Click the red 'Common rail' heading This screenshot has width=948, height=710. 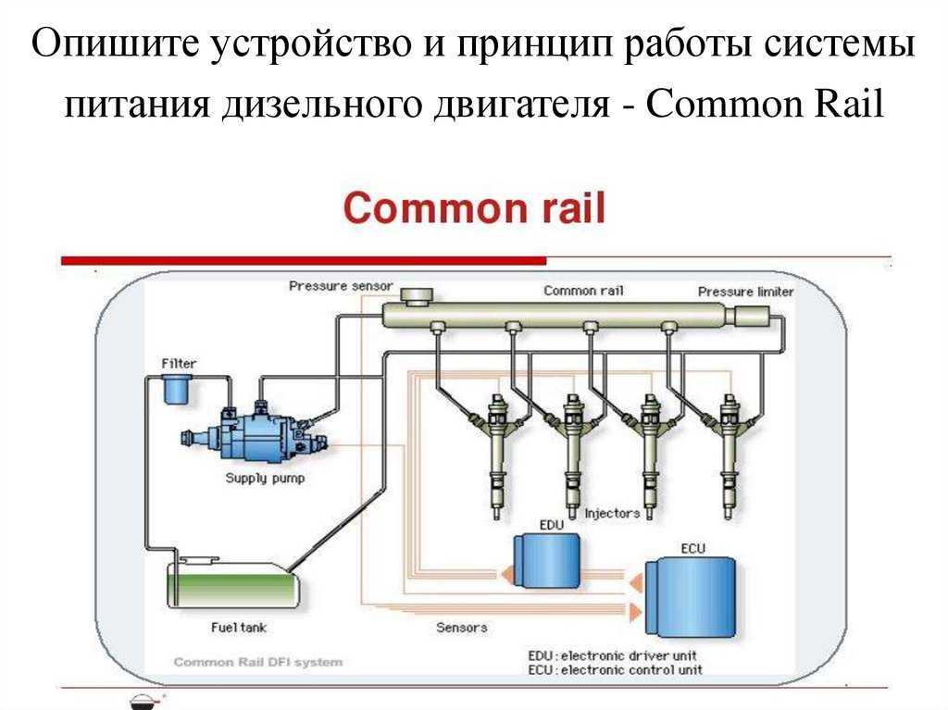pyautogui.click(x=474, y=207)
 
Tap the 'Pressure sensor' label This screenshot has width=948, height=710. pyautogui.click(x=341, y=285)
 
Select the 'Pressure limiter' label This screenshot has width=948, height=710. pyautogui.click(x=745, y=292)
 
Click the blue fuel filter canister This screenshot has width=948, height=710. pyautogui.click(x=177, y=390)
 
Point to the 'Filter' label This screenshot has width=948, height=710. pyautogui.click(x=179, y=364)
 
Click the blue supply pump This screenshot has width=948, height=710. pyautogui.click(x=256, y=433)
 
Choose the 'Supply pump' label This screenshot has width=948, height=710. pyautogui.click(x=265, y=478)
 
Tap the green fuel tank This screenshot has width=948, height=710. pyautogui.click(x=233, y=584)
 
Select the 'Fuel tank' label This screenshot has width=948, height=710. pyautogui.click(x=239, y=627)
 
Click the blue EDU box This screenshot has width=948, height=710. pyautogui.click(x=546, y=561)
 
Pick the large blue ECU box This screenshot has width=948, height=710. pyautogui.click(x=691, y=596)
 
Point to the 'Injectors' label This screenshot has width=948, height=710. pyautogui.click(x=612, y=514)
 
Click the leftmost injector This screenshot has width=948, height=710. pyautogui.click(x=496, y=456)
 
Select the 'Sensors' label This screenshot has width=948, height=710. pyautogui.click(x=462, y=627)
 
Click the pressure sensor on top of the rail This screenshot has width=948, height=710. pyautogui.click(x=417, y=296)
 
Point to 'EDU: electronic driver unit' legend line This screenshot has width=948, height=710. pyautogui.click(x=613, y=655)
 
